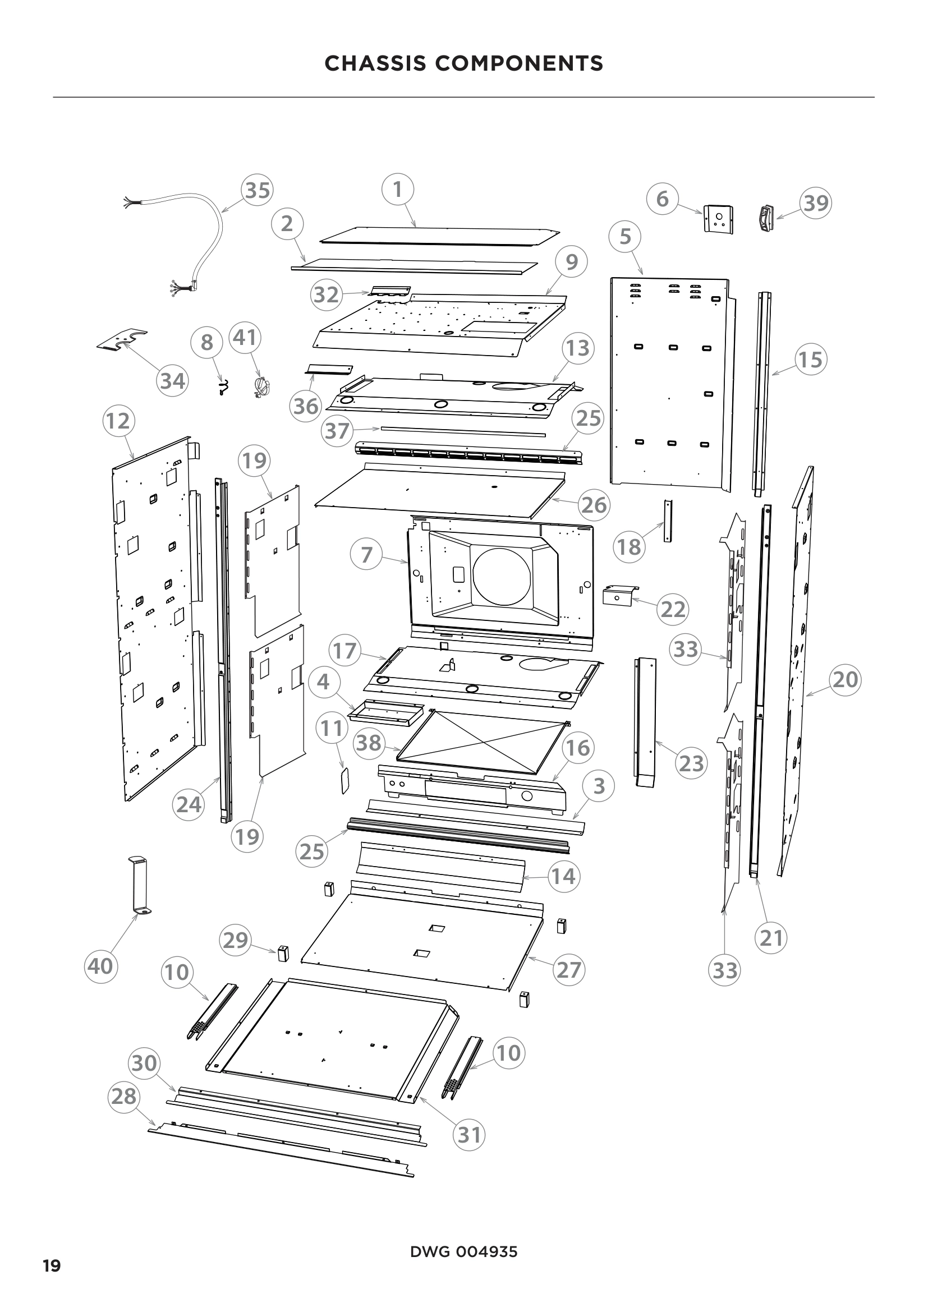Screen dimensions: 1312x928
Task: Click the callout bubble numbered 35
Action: (x=257, y=190)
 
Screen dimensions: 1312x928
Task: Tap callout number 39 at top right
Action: (x=815, y=203)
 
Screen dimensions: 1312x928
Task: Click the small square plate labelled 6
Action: (x=718, y=219)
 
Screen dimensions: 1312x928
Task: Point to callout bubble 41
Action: (x=245, y=338)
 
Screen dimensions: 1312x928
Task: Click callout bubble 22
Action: (x=673, y=609)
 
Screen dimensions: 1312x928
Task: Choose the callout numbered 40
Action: (x=101, y=966)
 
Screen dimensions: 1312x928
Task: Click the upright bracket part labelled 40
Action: (x=138, y=885)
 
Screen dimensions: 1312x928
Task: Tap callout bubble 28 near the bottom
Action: (x=124, y=1096)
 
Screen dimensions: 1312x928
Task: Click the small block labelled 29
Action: (x=283, y=954)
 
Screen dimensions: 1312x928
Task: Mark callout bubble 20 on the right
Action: (x=844, y=679)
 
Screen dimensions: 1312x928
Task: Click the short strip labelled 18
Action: (x=668, y=521)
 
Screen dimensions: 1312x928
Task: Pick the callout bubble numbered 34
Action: (x=173, y=380)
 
